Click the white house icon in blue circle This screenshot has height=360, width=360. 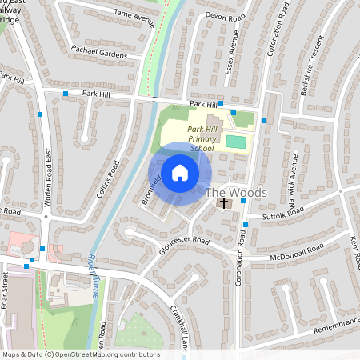[x=180, y=172]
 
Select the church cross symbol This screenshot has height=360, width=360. [x=224, y=204]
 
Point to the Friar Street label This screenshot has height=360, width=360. [x=5, y=290]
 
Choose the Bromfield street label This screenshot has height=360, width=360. [x=152, y=188]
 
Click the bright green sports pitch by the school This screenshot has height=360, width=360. [x=235, y=142]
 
